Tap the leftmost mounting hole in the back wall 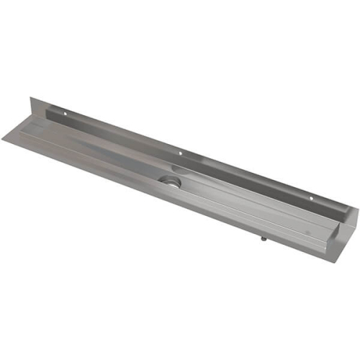point(64,113)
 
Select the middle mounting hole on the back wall point(180,153)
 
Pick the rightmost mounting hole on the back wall point(312,197)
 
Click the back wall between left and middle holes point(122,133)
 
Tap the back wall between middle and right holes point(245,175)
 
